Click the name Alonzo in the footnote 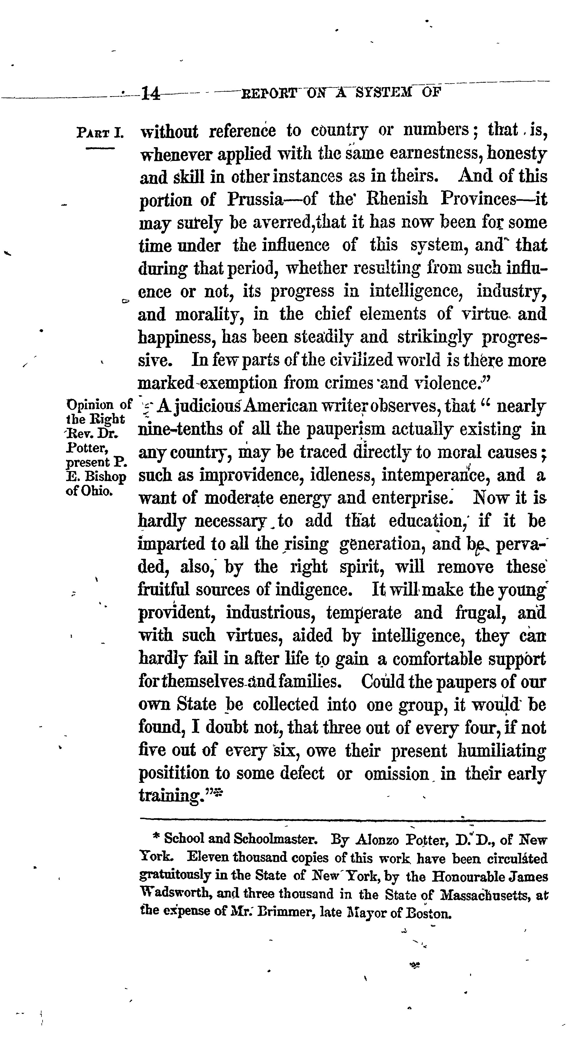pyautogui.click(x=377, y=840)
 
